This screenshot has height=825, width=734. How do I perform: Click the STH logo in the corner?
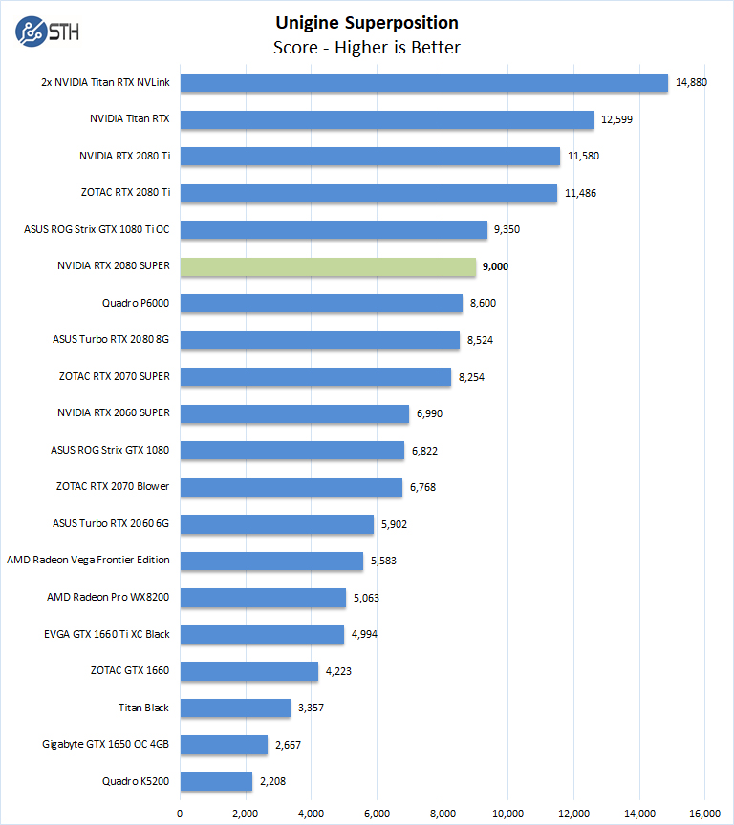[47, 32]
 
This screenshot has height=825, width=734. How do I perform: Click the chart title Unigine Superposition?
[367, 22]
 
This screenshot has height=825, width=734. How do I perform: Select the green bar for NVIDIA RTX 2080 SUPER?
[328, 266]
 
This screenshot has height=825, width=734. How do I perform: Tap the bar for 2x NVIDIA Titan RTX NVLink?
[423, 83]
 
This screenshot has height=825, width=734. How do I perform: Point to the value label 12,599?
[617, 119]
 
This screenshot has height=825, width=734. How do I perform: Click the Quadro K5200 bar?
[216, 781]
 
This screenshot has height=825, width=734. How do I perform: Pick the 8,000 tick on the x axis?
[443, 813]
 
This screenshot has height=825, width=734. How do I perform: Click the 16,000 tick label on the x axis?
[705, 813]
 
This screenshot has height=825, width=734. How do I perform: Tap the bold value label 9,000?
[496, 266]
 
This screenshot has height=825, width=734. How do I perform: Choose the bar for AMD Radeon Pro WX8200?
[263, 598]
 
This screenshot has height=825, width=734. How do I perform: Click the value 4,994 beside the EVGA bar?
[364, 634]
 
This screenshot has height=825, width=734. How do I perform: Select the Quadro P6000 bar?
[321, 303]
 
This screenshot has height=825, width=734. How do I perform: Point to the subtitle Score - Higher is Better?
[367, 47]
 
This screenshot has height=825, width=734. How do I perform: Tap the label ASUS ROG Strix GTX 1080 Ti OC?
[97, 229]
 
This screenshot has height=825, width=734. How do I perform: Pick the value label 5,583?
[383, 561]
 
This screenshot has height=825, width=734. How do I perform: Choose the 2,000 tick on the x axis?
[246, 813]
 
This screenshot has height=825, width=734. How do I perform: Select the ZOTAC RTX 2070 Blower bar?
[291, 487]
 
